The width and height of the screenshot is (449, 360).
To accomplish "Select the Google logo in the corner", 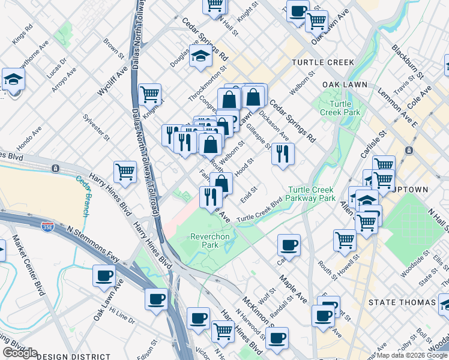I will [x=20, y=353].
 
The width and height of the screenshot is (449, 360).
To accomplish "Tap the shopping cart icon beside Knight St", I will [x=149, y=94].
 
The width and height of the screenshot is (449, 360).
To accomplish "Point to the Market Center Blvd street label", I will [x=30, y=264].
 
